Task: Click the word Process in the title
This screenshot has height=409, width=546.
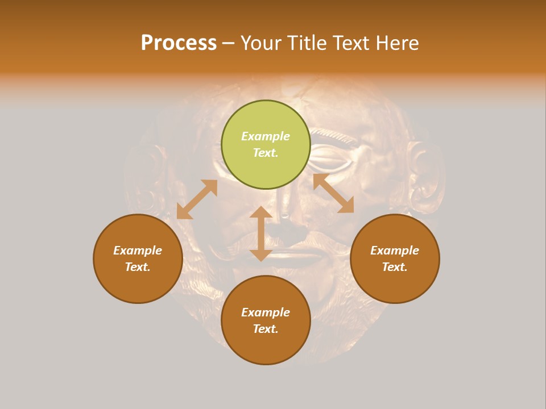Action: [x=179, y=43]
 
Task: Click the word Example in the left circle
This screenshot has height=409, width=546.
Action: [x=138, y=251]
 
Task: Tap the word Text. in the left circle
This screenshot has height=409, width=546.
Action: [x=138, y=267]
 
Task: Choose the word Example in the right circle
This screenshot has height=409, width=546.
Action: [x=395, y=251]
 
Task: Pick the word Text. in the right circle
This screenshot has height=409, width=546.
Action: [x=395, y=267]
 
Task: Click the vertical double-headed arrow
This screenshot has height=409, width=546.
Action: [x=261, y=233]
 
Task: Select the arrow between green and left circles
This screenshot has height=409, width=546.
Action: [x=197, y=199]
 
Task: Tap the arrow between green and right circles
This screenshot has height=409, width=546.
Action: [x=333, y=193]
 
